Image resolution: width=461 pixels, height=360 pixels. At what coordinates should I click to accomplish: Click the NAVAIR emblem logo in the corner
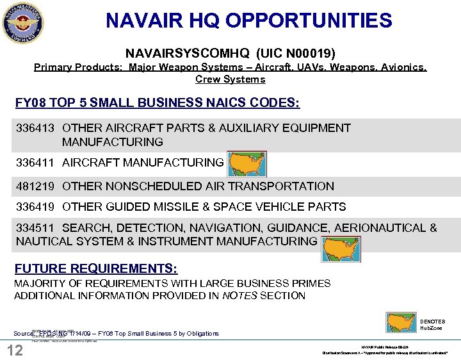(23, 23)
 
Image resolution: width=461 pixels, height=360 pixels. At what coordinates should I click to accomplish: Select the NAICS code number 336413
(36, 128)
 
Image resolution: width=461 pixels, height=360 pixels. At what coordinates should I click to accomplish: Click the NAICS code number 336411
(36, 163)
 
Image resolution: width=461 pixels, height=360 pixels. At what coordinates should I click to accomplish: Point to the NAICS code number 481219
(36, 186)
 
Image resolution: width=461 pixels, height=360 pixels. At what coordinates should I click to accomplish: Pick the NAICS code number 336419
(36, 207)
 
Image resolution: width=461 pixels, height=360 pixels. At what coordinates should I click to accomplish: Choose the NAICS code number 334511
(36, 228)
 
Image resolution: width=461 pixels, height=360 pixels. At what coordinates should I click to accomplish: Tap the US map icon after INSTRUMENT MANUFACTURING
(341, 248)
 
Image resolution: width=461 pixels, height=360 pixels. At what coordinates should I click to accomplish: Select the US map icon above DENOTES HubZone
(402, 322)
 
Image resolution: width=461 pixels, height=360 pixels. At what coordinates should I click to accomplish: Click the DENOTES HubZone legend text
(433, 325)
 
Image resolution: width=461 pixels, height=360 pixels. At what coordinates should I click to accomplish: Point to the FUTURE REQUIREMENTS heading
(96, 268)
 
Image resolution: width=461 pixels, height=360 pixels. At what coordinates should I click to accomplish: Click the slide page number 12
(15, 350)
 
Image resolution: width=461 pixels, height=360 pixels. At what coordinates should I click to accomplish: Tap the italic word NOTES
(238, 295)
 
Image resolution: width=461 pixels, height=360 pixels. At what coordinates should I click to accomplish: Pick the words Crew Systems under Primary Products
(230, 79)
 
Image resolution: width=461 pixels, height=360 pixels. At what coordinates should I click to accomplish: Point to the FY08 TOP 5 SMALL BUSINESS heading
(158, 103)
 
